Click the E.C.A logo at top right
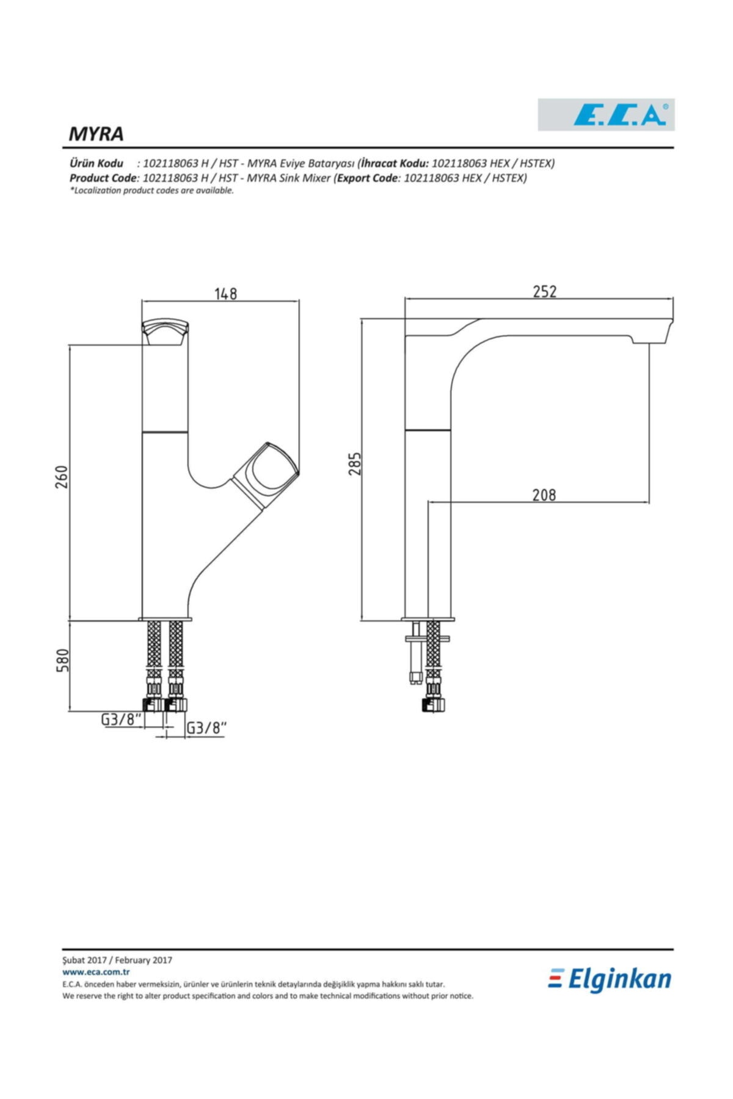(606, 114)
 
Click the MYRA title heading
(96, 134)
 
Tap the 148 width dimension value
(225, 293)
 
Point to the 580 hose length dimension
(62, 661)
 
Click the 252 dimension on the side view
(544, 291)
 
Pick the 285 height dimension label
(355, 463)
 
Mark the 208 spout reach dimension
(544, 494)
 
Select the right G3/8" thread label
(206, 728)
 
